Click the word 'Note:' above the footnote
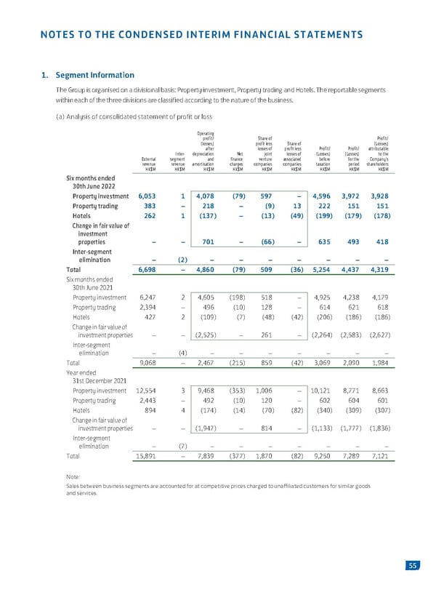(74, 477)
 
